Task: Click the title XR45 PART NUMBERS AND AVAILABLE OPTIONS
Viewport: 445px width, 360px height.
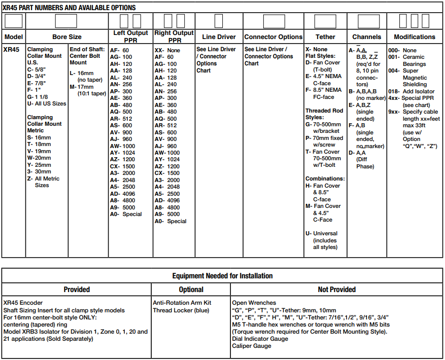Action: click(x=70, y=8)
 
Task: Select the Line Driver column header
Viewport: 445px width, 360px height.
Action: click(x=219, y=37)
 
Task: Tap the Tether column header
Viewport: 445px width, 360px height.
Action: click(x=325, y=37)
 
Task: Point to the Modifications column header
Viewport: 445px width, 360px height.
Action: click(x=415, y=37)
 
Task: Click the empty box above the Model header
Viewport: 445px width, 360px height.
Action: click(x=14, y=21)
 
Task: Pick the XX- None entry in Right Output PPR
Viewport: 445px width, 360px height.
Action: click(x=167, y=51)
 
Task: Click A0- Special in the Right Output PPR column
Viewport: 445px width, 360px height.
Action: click(x=170, y=221)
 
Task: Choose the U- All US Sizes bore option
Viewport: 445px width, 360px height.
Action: click(x=47, y=104)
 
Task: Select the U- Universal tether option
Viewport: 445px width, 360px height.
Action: click(x=321, y=234)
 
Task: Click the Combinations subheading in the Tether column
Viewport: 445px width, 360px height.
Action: click(x=325, y=179)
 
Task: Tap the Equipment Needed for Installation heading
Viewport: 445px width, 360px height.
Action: click(x=222, y=276)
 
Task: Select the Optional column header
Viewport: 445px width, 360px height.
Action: click(x=191, y=290)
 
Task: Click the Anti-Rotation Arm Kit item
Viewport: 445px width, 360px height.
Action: click(x=182, y=303)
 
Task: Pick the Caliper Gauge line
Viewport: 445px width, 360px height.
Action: click(x=252, y=346)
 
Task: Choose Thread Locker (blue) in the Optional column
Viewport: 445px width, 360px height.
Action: click(x=181, y=310)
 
